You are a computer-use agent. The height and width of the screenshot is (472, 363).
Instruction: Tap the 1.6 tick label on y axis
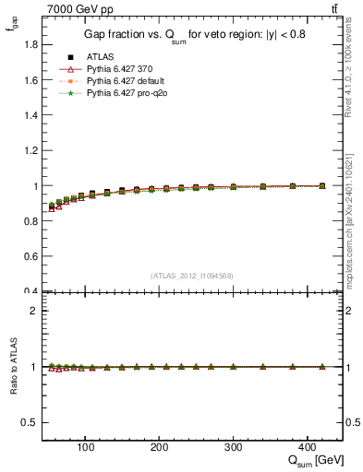pos(31,80)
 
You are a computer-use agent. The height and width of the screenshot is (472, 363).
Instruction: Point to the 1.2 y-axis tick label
pos(31,150)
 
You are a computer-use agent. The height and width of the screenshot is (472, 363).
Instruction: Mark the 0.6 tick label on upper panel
pos(31,256)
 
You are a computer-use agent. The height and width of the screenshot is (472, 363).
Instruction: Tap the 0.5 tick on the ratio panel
pos(31,422)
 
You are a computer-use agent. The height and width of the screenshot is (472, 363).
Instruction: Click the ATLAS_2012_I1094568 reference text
pos(192,276)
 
